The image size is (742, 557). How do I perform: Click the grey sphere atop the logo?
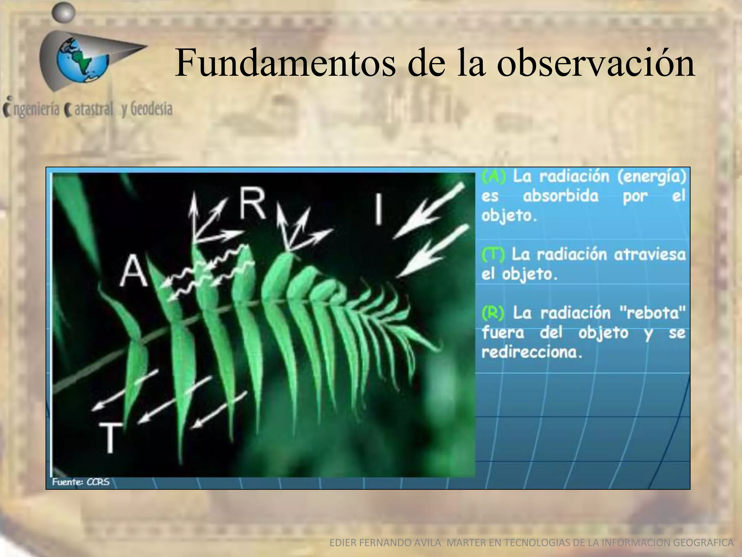tap(63, 13)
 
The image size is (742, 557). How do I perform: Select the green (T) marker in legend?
tap(492, 255)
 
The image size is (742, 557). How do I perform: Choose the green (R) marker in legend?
tap(493, 313)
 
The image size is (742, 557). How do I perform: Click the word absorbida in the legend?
tap(560, 196)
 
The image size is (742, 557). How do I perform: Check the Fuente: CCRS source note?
tap(81, 482)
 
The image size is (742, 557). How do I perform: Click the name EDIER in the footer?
tap(342, 543)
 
